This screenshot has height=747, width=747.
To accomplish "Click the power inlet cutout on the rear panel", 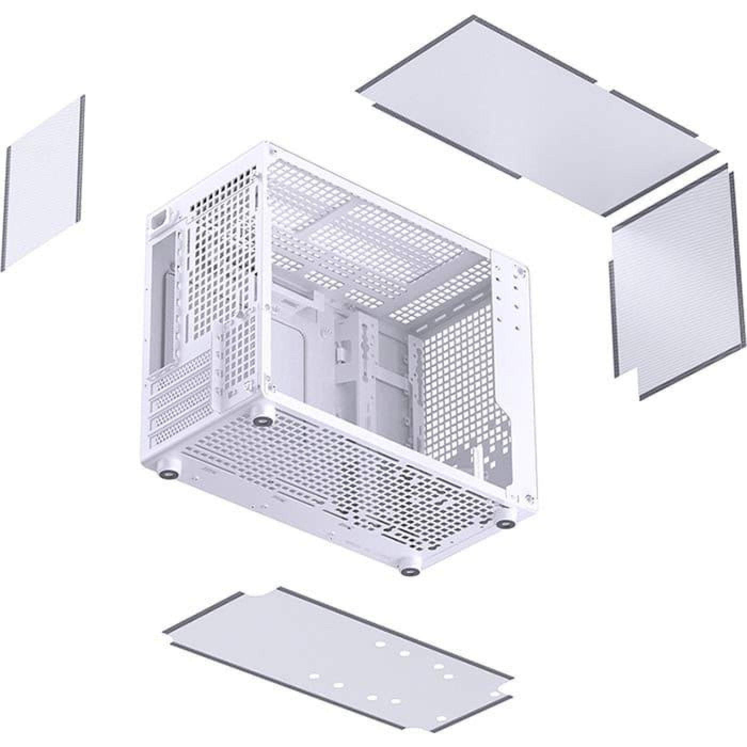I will (x=160, y=220).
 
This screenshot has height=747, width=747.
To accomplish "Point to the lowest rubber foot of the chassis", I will (x=409, y=571).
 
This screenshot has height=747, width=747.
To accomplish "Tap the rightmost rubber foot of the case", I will (x=503, y=525).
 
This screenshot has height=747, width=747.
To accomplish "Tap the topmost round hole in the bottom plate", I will (x=380, y=645).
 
